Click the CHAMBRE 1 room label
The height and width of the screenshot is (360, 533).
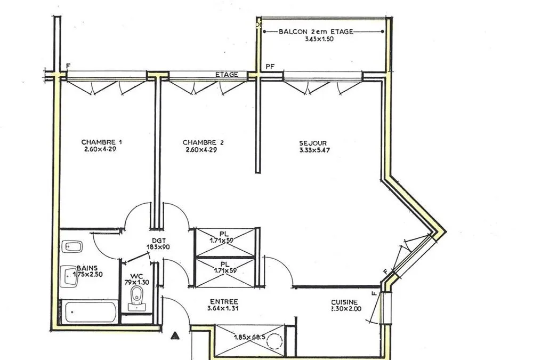102,142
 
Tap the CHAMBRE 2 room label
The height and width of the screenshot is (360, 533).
203,142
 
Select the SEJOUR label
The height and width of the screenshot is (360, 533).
313,143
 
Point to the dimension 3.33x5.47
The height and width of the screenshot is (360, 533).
315,150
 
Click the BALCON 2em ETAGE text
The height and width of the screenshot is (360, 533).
316,31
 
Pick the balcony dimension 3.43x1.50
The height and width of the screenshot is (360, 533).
319,39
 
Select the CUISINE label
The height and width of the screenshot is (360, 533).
344,302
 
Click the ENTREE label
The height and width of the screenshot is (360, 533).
224,302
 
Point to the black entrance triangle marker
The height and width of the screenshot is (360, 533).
175,336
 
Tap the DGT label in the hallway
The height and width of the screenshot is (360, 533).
159,241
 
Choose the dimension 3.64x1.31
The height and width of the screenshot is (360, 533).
223,309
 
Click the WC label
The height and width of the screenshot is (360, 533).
136,276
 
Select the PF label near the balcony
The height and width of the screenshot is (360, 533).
270,67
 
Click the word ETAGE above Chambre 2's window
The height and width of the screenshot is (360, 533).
227,75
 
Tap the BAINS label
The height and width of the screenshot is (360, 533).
87,268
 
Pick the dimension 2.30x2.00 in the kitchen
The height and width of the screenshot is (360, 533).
346,309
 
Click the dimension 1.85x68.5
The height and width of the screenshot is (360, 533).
250,338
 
